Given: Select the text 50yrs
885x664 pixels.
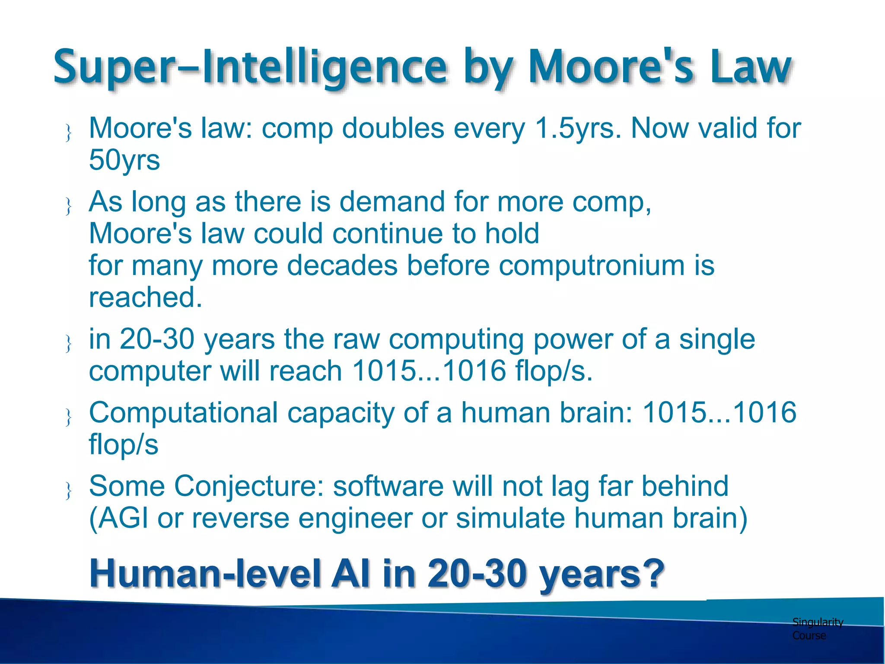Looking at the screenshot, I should click(x=124, y=160).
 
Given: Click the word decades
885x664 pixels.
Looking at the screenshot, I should click(x=342, y=265).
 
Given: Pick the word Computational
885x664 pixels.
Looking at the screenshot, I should click(x=184, y=413).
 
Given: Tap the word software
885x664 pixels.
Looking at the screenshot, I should click(x=388, y=486).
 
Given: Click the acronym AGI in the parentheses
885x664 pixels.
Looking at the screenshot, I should click(x=123, y=518).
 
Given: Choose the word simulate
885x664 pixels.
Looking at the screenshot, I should click(x=510, y=518).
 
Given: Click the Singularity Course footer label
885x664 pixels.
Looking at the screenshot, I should click(x=817, y=629).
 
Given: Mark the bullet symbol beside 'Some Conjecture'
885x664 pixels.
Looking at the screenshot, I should click(x=68, y=491).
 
